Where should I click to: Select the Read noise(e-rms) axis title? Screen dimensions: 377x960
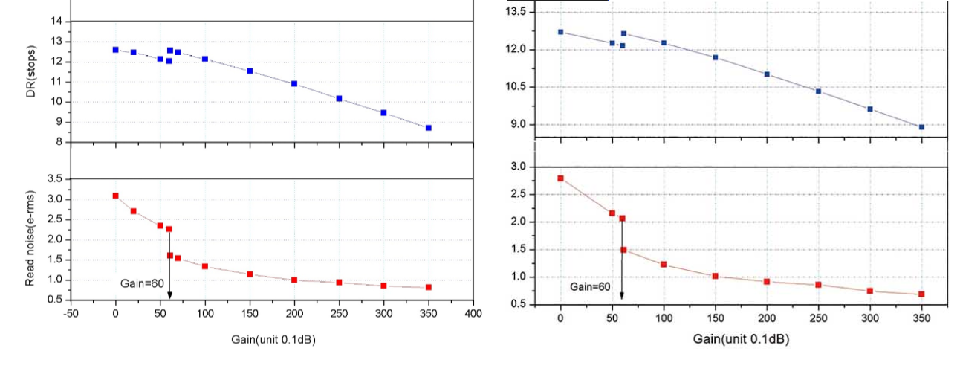pos(31,237)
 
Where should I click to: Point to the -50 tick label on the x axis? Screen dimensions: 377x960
pos(70,314)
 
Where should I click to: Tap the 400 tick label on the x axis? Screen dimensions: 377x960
pos(473,314)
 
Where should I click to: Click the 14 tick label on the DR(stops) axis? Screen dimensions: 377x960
pos(56,22)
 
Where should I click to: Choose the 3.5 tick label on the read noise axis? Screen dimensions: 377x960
pos(53,179)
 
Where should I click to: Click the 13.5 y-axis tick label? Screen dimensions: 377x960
pos(516,12)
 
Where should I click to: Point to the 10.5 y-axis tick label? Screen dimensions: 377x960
pos(516,87)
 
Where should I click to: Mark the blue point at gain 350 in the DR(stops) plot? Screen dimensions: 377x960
pos(429,128)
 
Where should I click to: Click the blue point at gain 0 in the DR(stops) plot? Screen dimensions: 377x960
pos(115,50)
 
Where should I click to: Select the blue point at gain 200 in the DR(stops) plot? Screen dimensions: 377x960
pos(294,84)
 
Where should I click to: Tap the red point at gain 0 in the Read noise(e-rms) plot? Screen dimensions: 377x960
pos(115,196)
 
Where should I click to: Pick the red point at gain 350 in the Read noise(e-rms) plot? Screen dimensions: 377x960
pos(429,287)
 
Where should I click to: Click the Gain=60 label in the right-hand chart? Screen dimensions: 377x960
pos(590,286)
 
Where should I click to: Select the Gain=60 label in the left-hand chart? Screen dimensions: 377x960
pos(142,283)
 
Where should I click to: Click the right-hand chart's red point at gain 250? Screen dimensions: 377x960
pos(818,285)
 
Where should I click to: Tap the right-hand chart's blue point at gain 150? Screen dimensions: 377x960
pos(715,57)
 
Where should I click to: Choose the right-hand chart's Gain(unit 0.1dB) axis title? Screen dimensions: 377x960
pos(741,339)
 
